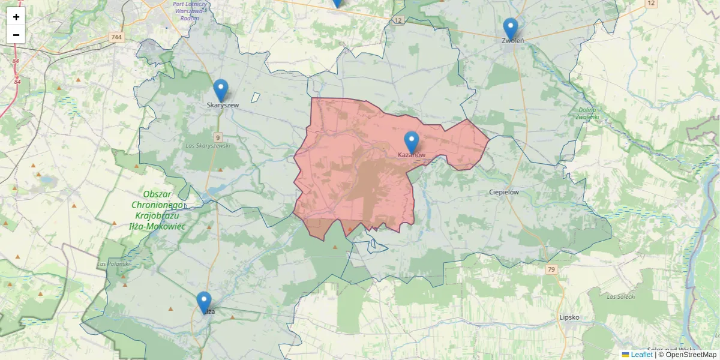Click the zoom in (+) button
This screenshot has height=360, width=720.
[x=16, y=17]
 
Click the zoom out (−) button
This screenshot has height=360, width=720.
[x=16, y=35]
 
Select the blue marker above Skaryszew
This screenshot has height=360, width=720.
[x=221, y=91]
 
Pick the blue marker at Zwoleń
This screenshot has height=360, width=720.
[x=510, y=29]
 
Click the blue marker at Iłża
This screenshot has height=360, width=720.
[x=204, y=302]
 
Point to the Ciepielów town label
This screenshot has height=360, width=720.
[x=503, y=193]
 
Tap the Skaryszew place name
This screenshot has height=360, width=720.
[x=223, y=105]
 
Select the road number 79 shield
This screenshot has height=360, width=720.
[x=551, y=270]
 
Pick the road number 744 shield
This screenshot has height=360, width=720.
[x=116, y=37]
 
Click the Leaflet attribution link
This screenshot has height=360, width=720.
[x=641, y=355]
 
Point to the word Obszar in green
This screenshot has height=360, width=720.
[x=158, y=194]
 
